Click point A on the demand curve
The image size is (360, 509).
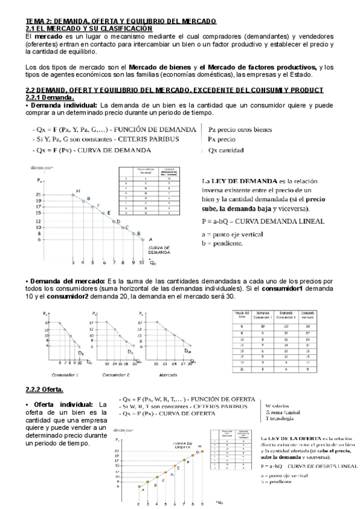[x=142, y=239]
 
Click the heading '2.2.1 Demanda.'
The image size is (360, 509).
[x=50, y=97]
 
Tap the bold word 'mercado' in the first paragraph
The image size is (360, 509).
[x=48, y=37]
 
